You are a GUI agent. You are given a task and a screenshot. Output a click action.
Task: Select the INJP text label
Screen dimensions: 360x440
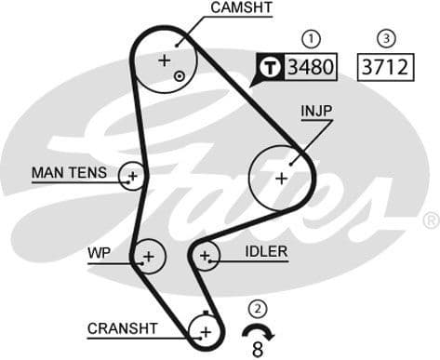coord(316,111)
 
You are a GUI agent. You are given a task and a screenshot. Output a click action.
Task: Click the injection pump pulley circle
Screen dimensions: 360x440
coord(282,176)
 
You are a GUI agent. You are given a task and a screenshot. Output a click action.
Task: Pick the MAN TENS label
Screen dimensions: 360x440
coord(68,173)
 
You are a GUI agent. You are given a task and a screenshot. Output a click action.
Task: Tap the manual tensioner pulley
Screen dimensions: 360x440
coord(133,175)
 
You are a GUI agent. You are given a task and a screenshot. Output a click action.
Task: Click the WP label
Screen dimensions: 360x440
coord(100,252)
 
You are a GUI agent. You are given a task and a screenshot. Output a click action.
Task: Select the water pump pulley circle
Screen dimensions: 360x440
coord(148,254)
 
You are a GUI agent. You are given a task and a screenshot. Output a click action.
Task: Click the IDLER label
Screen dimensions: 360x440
coord(266,251)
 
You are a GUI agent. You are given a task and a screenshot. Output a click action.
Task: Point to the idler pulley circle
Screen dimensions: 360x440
coord(206,255)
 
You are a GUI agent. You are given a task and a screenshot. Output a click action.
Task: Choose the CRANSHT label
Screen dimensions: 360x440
coord(122,328)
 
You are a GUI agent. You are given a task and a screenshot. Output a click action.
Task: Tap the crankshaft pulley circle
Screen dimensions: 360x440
coord(204,330)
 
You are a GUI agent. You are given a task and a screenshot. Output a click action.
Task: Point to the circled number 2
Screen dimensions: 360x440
coord(257,308)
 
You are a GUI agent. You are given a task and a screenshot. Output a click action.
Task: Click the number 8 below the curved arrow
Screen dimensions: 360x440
coord(258,349)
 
